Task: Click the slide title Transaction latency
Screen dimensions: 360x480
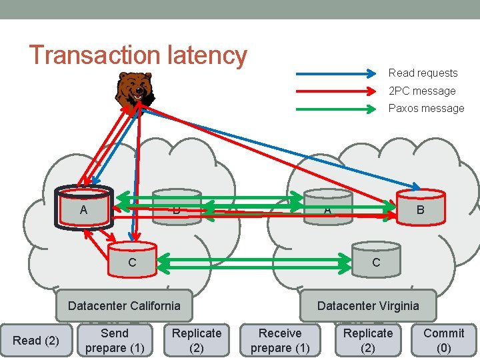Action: (138, 55)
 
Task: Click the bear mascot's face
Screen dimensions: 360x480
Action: (137, 87)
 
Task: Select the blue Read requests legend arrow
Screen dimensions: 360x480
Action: (337, 73)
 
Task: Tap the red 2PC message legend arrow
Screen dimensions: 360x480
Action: (337, 91)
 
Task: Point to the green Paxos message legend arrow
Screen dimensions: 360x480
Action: (337, 108)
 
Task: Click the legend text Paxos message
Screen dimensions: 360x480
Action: (426, 108)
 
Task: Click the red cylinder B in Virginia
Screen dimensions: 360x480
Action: (420, 207)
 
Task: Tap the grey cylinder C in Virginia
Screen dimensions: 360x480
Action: (376, 259)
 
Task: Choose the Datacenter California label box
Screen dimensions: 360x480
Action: (124, 305)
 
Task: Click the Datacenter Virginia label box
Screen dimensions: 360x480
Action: (368, 305)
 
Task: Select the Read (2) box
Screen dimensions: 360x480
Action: (36, 341)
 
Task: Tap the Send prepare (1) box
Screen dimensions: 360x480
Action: (114, 341)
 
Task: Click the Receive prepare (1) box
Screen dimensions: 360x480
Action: (280, 341)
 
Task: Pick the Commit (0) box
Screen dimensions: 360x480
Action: (443, 341)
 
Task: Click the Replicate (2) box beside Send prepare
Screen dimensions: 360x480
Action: (197, 341)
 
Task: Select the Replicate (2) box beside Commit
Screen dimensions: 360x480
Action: (368, 341)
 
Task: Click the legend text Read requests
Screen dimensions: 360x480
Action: (423, 73)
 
